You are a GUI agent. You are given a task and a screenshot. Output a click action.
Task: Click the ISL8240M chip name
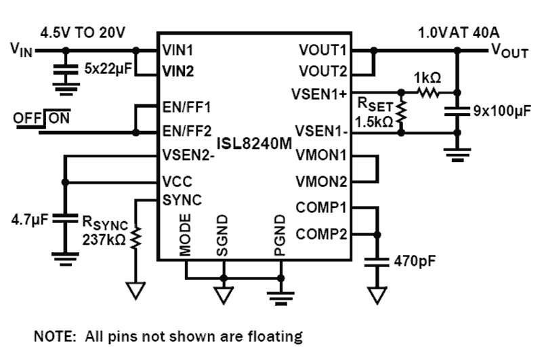[254, 143]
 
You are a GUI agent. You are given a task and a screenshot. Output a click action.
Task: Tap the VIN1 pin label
[178, 50]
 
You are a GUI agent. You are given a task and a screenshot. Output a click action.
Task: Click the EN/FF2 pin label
[186, 130]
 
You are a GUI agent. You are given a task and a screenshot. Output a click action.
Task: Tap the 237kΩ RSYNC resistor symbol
[135, 237]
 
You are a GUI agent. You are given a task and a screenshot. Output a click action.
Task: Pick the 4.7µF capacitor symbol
[65, 220]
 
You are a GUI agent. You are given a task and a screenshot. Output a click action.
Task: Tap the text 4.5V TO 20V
[84, 32]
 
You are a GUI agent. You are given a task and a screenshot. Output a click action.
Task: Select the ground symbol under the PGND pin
[280, 294]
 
